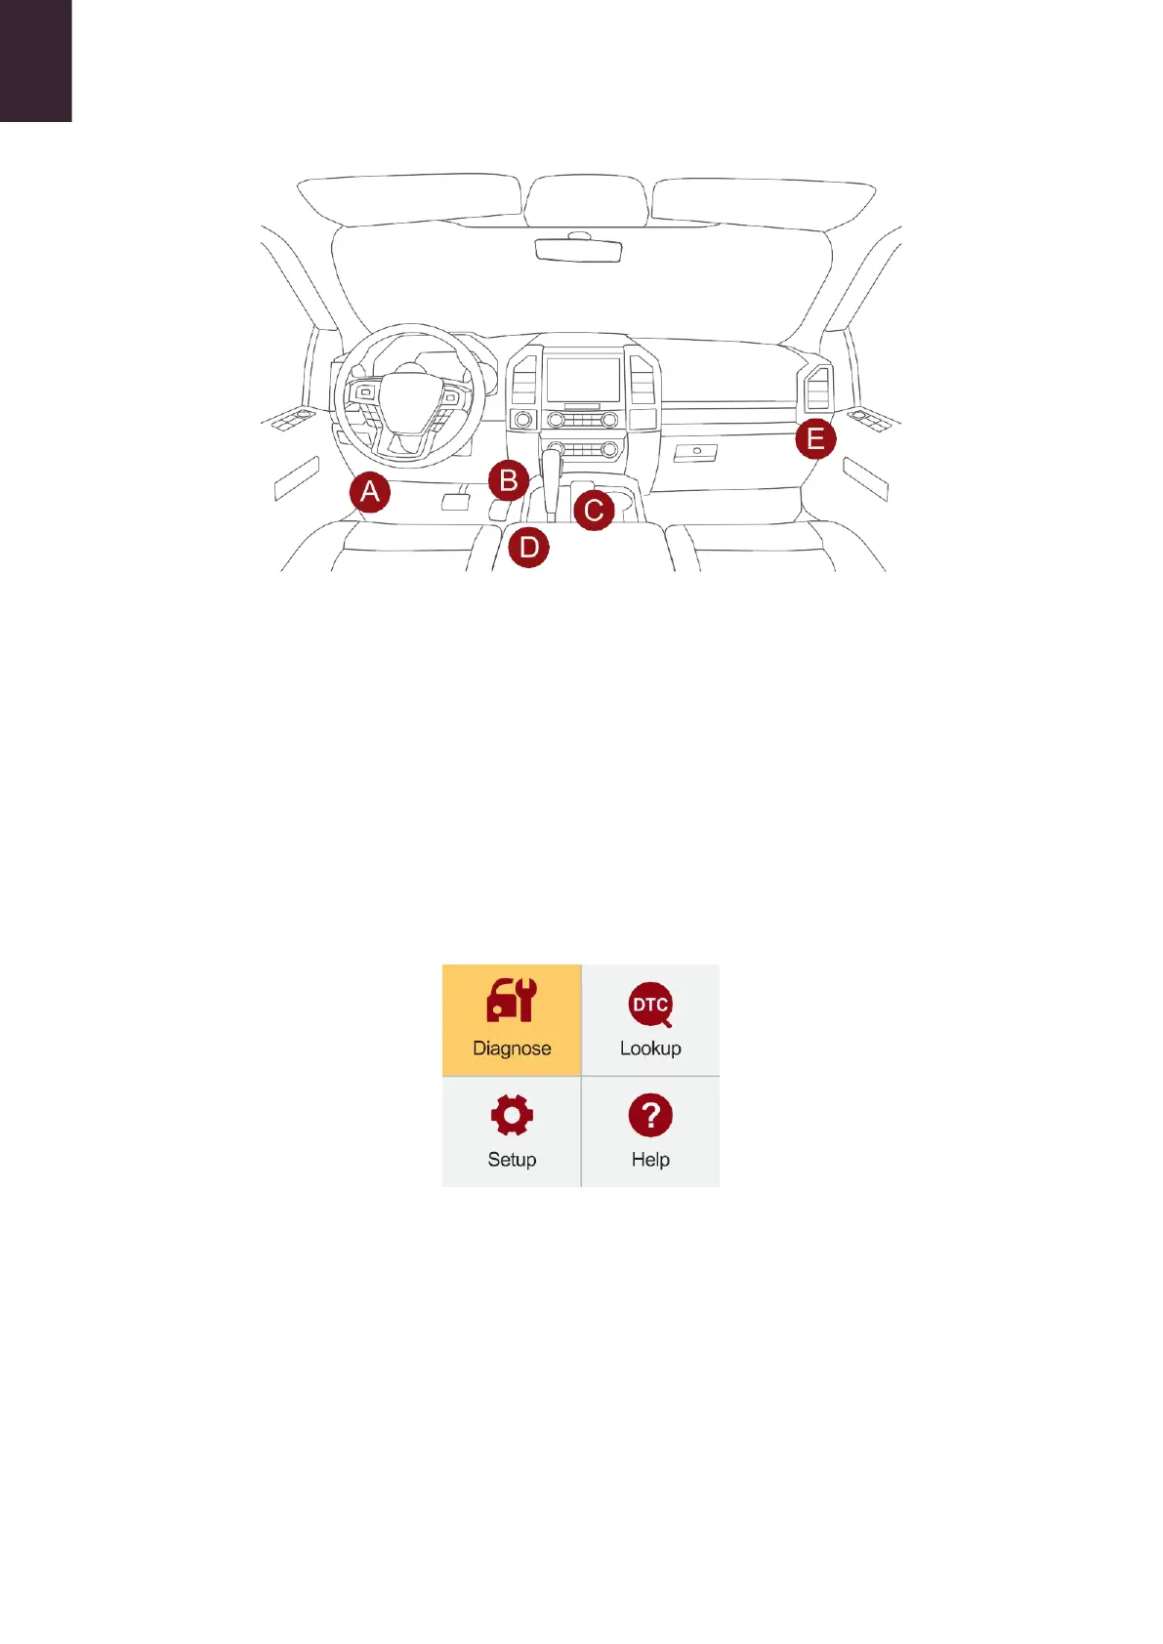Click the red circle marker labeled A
tap(370, 492)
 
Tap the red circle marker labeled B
tap(509, 480)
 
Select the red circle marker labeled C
tap(594, 511)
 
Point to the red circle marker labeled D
tap(529, 547)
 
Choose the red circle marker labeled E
tap(815, 439)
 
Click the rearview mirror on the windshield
tap(579, 249)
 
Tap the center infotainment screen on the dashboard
tap(583, 380)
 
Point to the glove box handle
tap(696, 452)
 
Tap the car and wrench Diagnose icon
tap(512, 1001)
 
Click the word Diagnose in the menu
tap(512, 1048)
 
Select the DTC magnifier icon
tap(650, 1005)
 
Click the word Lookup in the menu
tap(650, 1048)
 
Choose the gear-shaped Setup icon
tap(512, 1115)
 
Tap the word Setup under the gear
tap(512, 1160)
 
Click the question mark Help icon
tap(650, 1115)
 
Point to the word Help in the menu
tap(650, 1160)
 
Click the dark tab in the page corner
tap(35, 60)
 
